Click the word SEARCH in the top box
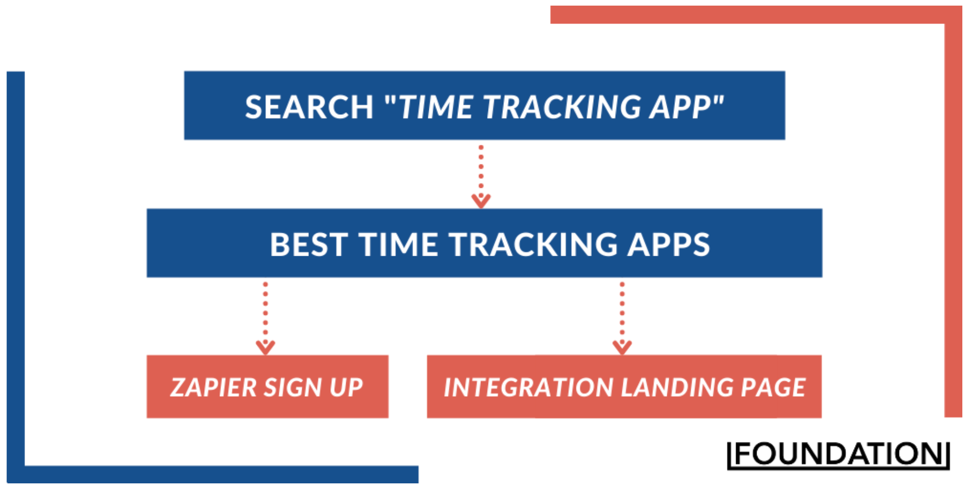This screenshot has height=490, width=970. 309,107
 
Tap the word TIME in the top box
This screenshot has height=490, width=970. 436,107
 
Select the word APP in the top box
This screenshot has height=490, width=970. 680,107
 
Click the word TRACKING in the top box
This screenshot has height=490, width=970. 562,107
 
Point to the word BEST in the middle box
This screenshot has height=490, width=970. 309,244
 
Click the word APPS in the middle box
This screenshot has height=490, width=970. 668,244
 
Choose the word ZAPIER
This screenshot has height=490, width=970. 213,387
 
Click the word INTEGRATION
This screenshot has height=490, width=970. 528,387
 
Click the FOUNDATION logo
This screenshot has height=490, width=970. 838,454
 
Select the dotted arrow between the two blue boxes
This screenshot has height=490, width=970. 481,177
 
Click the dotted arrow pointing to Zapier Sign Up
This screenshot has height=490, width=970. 265,317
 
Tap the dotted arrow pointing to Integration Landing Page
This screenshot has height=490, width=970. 622,317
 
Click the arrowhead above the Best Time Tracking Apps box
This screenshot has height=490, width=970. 481,201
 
